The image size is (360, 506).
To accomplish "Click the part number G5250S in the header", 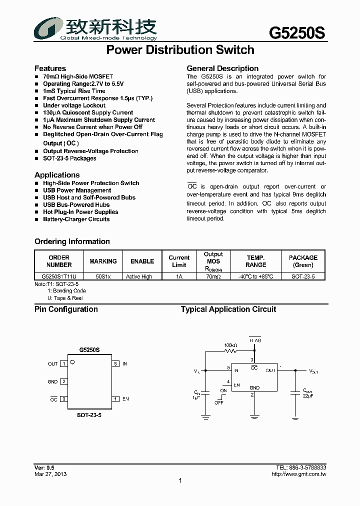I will (x=297, y=32).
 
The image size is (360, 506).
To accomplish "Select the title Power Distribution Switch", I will (x=180, y=50).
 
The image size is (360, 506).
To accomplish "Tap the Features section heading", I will (x=50, y=68).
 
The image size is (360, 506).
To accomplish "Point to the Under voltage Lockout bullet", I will (x=74, y=105).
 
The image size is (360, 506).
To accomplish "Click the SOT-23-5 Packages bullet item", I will (x=69, y=158).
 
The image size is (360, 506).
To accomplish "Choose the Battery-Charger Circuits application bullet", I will (x=76, y=219).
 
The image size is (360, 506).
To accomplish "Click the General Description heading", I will (x=222, y=68).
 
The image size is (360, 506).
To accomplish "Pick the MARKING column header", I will (x=103, y=261).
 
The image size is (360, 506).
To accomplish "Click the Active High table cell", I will (x=139, y=276).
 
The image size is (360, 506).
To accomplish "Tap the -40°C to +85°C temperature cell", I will (x=256, y=276).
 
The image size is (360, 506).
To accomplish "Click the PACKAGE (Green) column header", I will (x=303, y=261).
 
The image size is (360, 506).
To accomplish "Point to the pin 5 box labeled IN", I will (x=115, y=364).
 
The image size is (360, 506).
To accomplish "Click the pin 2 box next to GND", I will (x=63, y=381).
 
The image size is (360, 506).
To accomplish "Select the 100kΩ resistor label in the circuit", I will (x=231, y=345).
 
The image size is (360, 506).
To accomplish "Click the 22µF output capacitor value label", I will (x=308, y=396).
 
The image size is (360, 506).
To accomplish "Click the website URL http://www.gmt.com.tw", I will (x=298, y=474).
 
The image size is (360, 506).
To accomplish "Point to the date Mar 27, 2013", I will (x=50, y=474).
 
